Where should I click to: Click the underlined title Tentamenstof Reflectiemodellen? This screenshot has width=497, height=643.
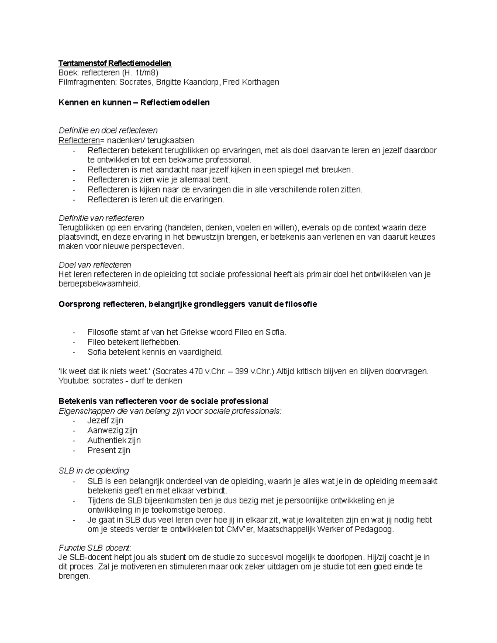(x=115, y=63)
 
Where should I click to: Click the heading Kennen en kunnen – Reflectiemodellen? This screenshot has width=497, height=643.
(x=134, y=102)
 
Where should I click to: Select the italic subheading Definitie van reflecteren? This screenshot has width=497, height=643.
(x=101, y=218)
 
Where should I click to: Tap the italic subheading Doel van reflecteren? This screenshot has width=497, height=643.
(x=95, y=265)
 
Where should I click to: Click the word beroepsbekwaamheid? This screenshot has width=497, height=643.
(x=99, y=284)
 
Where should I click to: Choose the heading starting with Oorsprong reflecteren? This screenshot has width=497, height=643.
(x=188, y=304)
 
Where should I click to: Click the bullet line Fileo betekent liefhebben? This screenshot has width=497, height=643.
(x=134, y=342)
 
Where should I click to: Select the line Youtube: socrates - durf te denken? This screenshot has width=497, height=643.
(x=120, y=381)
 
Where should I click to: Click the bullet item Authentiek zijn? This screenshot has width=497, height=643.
(x=114, y=440)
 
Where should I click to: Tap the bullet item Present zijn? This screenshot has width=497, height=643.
(x=109, y=450)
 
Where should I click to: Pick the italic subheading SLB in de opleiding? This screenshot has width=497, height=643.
(x=94, y=471)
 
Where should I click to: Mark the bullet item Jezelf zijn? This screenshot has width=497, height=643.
(x=105, y=420)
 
